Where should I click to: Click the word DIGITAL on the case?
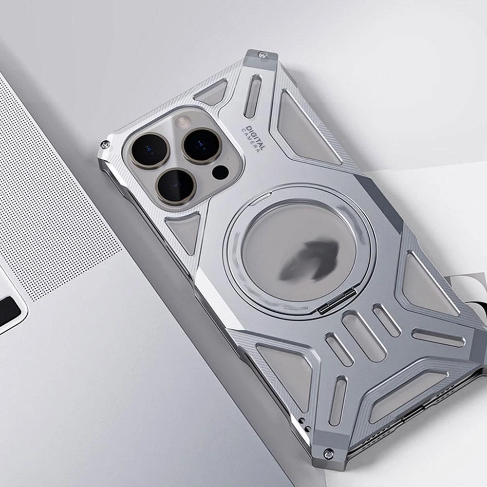256,138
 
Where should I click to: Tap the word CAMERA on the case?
250,140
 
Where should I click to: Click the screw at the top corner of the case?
261,56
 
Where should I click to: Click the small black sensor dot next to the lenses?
220,172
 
